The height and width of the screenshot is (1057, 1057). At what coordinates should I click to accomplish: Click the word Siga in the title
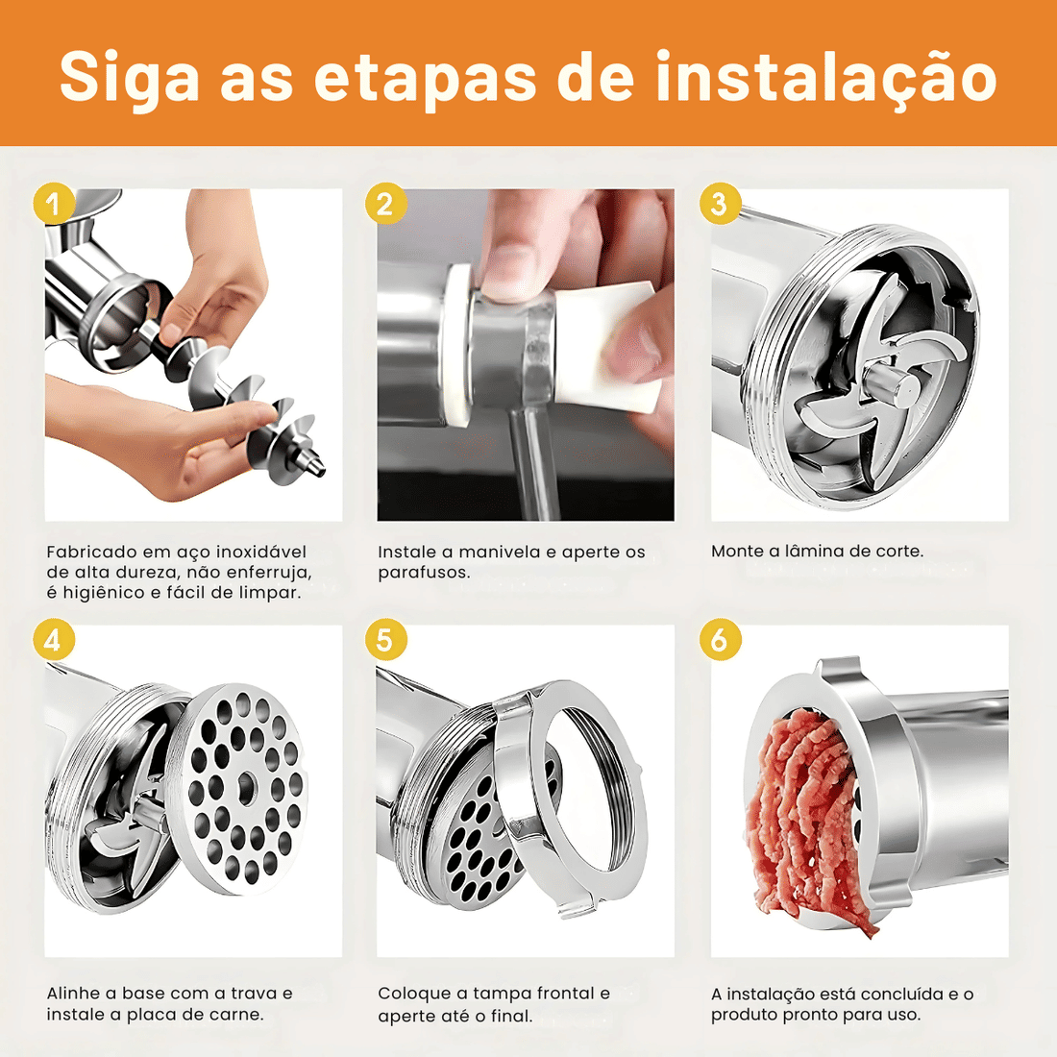(129, 79)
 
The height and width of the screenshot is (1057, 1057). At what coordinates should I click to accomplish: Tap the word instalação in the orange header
(825, 79)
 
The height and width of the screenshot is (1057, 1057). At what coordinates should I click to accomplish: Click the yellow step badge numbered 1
(53, 205)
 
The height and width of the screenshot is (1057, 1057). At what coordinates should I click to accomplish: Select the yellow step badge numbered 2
(385, 205)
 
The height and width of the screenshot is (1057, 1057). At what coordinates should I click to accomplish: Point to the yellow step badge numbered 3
(720, 205)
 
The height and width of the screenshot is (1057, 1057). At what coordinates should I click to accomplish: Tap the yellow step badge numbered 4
(53, 641)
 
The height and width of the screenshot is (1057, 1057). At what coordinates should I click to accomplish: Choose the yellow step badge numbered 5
(385, 641)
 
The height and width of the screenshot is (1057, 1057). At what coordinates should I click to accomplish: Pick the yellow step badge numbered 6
(720, 641)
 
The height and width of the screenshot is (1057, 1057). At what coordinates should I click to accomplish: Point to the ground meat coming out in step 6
(802, 817)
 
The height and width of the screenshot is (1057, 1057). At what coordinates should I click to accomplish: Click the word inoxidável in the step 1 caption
(260, 553)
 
